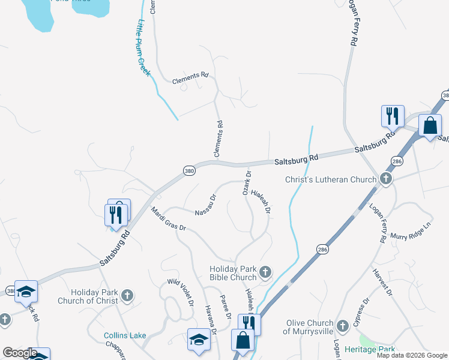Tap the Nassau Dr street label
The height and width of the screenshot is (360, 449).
click(x=205, y=205)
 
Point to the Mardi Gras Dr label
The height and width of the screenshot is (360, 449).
click(x=169, y=220)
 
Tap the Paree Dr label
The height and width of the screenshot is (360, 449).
click(x=226, y=306)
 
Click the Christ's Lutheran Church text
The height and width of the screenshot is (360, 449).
click(x=330, y=179)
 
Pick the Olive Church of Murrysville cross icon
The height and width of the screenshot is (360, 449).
click(x=342, y=326)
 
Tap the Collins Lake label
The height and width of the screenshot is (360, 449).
click(x=124, y=335)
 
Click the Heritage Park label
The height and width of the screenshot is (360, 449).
click(x=369, y=349)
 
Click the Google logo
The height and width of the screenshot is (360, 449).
click(x=19, y=353)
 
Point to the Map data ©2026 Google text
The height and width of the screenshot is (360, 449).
click(x=412, y=355)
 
